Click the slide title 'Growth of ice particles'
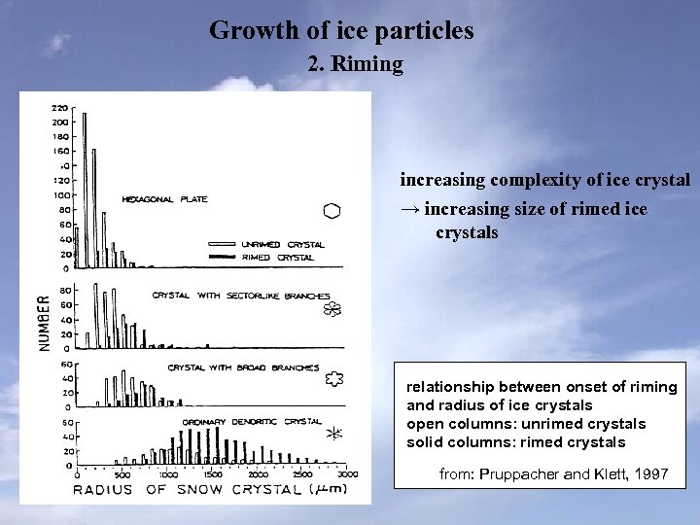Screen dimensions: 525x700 (341, 30)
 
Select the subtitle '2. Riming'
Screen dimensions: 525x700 (355, 65)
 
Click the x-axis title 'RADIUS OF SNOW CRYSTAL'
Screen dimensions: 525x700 (189, 489)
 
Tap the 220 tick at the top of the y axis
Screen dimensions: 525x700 (60, 107)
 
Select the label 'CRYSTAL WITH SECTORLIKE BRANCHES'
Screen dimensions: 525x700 (241, 295)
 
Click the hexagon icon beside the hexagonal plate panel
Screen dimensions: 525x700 (332, 211)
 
